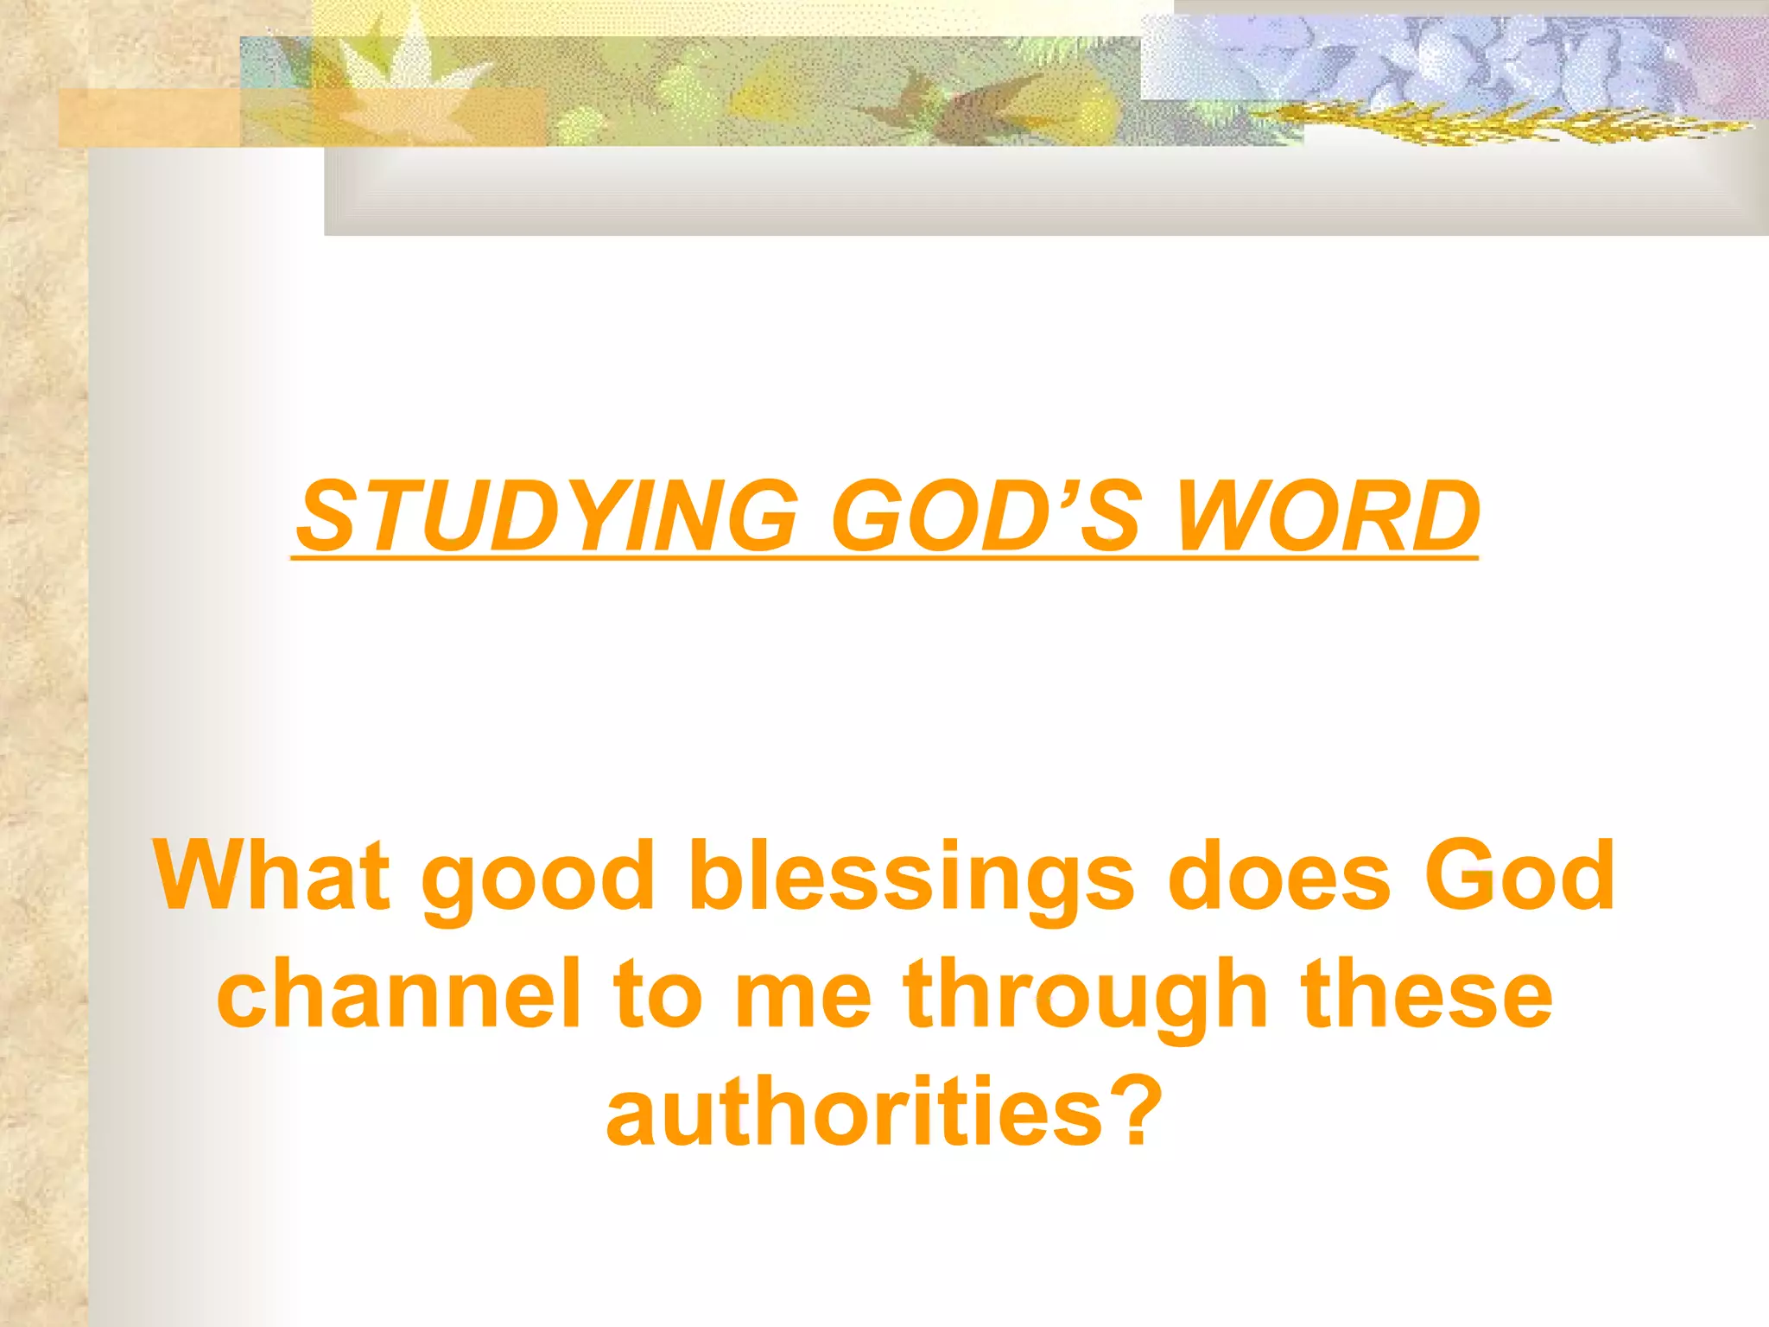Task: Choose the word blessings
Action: (x=910, y=877)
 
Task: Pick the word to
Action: (x=656, y=995)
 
